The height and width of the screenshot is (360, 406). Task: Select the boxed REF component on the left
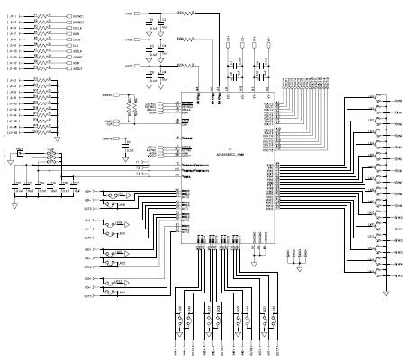(17, 154)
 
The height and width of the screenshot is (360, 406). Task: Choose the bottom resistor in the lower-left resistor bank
(38, 127)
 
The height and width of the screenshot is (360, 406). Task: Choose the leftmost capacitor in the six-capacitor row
(15, 184)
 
